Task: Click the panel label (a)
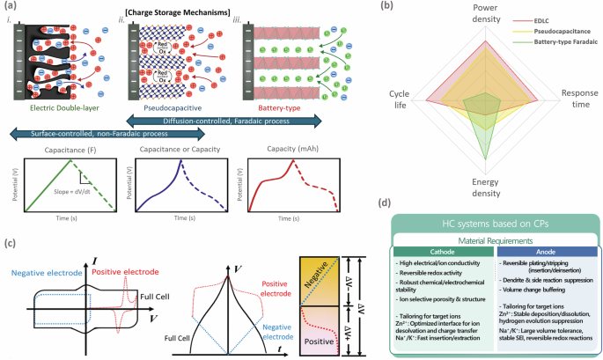pos(11,7)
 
